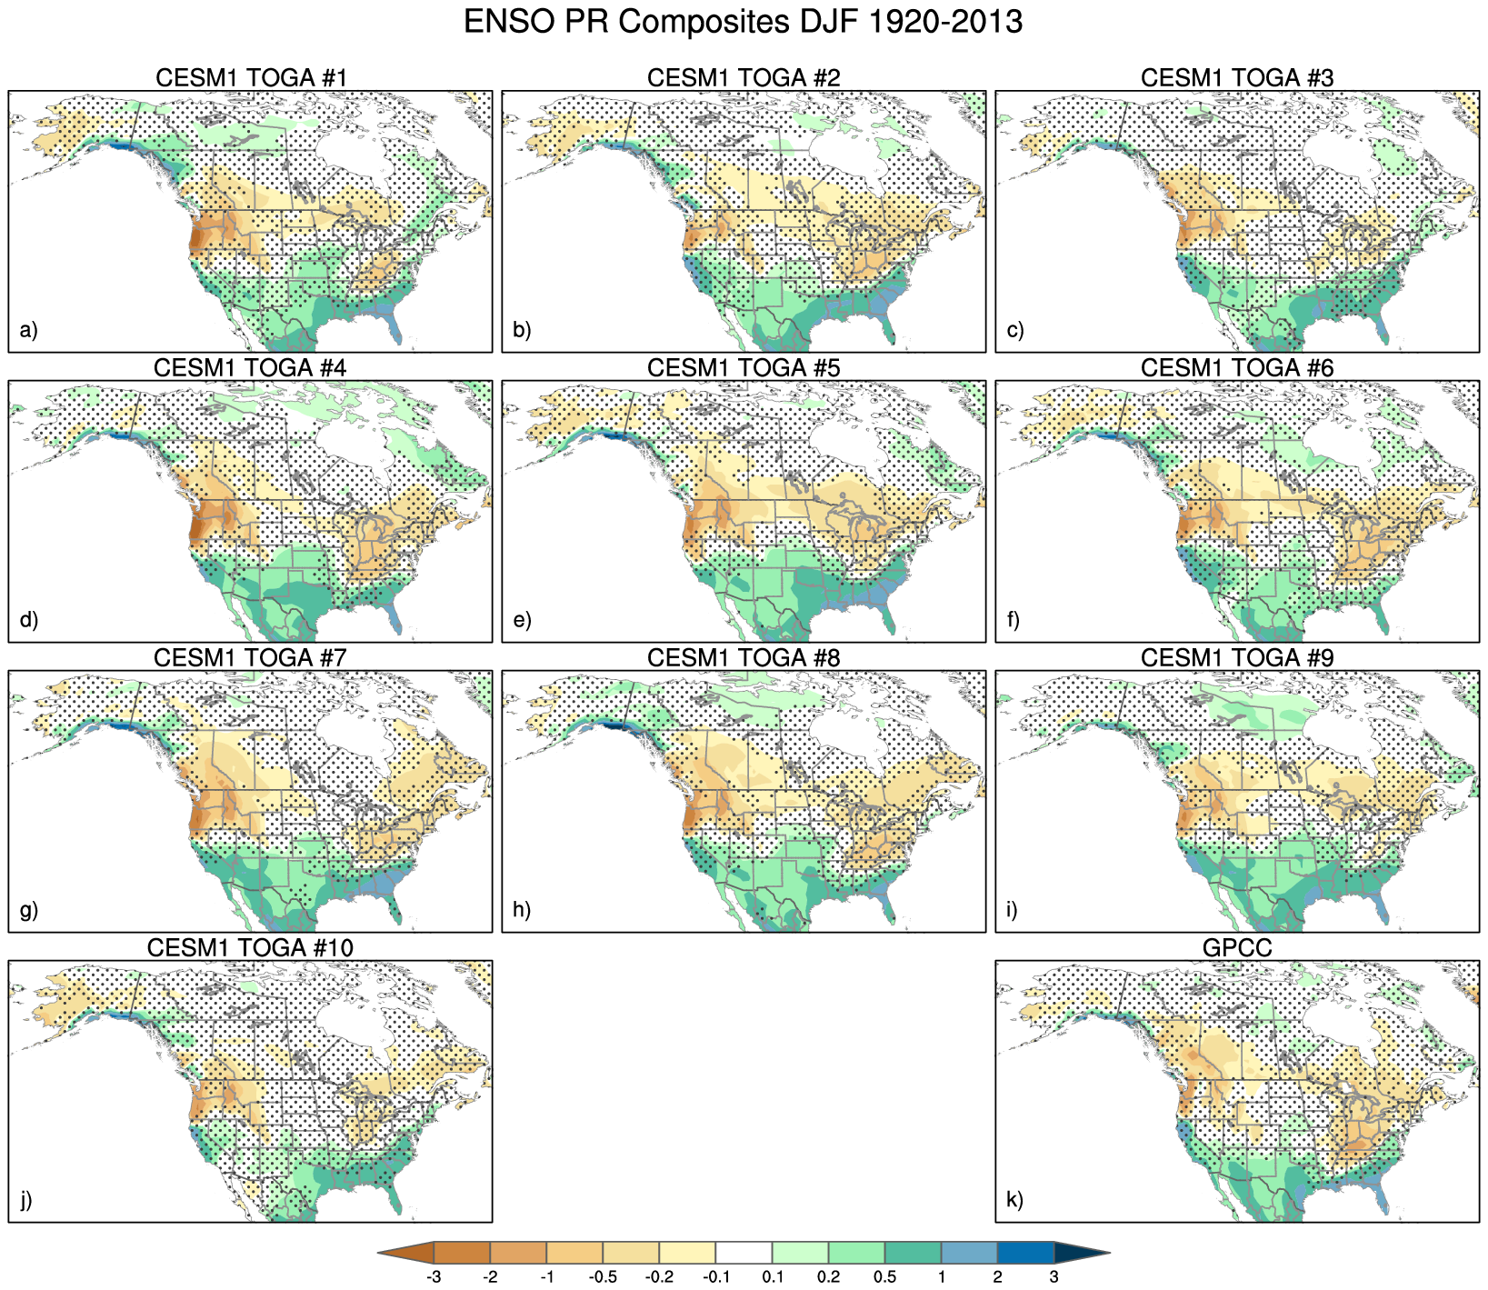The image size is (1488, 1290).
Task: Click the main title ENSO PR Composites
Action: click(743, 22)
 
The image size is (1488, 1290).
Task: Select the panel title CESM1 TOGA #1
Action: click(251, 78)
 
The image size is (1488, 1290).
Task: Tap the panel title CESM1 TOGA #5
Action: click(744, 368)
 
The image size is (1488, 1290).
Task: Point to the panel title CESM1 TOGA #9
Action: click(1237, 658)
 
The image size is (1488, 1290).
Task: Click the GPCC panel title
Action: click(1237, 948)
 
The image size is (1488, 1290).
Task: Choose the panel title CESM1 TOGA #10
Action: click(250, 948)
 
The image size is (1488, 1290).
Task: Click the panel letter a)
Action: click(28, 329)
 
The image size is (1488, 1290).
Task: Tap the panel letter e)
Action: click(522, 620)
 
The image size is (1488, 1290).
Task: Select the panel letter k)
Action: click(1015, 1200)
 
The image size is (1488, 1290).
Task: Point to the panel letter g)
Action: click(29, 910)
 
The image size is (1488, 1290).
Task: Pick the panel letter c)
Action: click(1015, 329)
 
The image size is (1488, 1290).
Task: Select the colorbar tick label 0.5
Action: click(884, 1277)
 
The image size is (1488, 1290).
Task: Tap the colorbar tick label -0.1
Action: click(715, 1277)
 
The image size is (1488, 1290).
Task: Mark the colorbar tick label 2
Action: click(997, 1277)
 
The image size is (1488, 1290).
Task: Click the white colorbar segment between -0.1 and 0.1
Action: click(744, 1253)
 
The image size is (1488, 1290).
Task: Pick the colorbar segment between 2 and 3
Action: click(1025, 1253)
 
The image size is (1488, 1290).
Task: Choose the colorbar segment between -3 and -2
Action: click(462, 1253)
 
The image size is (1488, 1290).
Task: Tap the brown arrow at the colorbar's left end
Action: click(409, 1253)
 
